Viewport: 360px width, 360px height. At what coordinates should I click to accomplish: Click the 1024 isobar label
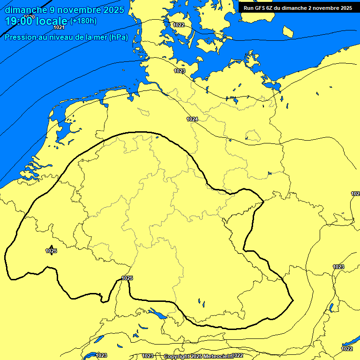click(x=192, y=119)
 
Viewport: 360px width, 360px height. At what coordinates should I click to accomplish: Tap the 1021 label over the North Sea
click(x=59, y=27)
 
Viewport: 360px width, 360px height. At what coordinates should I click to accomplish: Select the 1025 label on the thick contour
click(x=127, y=278)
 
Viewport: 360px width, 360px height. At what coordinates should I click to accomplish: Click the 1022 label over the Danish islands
click(x=179, y=25)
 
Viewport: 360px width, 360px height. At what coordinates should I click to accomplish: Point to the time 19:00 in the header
click(x=19, y=21)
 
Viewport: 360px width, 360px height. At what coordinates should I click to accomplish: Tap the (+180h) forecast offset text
click(x=83, y=21)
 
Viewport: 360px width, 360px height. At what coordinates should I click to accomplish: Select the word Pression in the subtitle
click(x=19, y=37)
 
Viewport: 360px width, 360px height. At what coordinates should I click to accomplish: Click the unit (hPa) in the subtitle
click(x=118, y=37)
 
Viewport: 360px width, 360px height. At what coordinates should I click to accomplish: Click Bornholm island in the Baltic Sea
click(x=288, y=31)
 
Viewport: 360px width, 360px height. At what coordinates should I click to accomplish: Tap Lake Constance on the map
click(x=157, y=314)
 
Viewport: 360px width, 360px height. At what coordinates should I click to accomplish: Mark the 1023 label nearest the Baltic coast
click(x=180, y=71)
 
